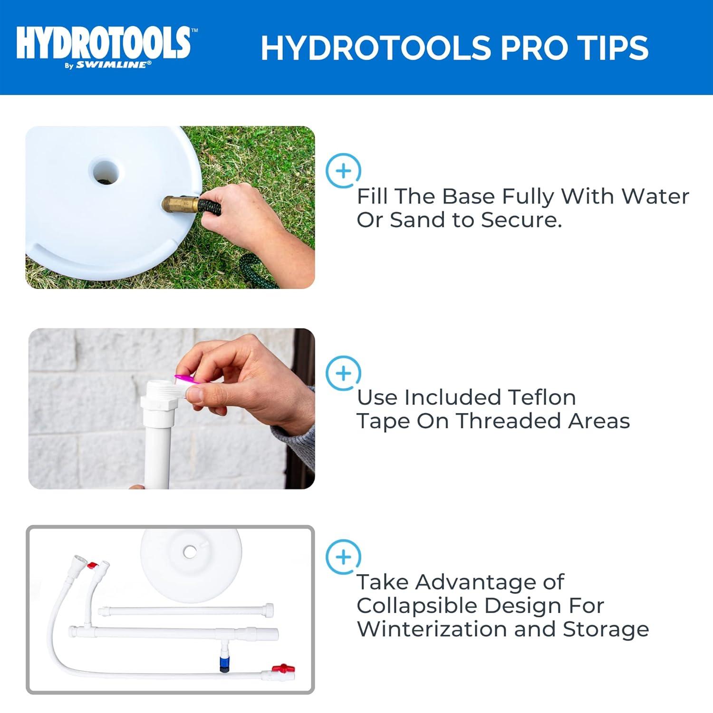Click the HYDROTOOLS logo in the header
click(x=104, y=43)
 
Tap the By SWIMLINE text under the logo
click(x=108, y=65)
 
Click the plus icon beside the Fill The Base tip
click(x=343, y=171)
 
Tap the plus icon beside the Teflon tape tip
click(x=343, y=373)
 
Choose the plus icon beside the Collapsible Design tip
click(x=343, y=557)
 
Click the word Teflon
click(x=541, y=397)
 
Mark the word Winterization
click(x=432, y=629)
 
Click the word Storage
click(x=606, y=629)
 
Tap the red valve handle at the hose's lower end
click(x=287, y=668)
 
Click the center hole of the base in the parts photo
click(x=190, y=552)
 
